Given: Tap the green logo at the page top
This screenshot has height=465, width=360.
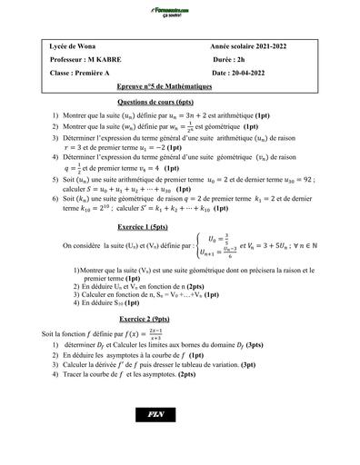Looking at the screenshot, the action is click(x=179, y=11).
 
